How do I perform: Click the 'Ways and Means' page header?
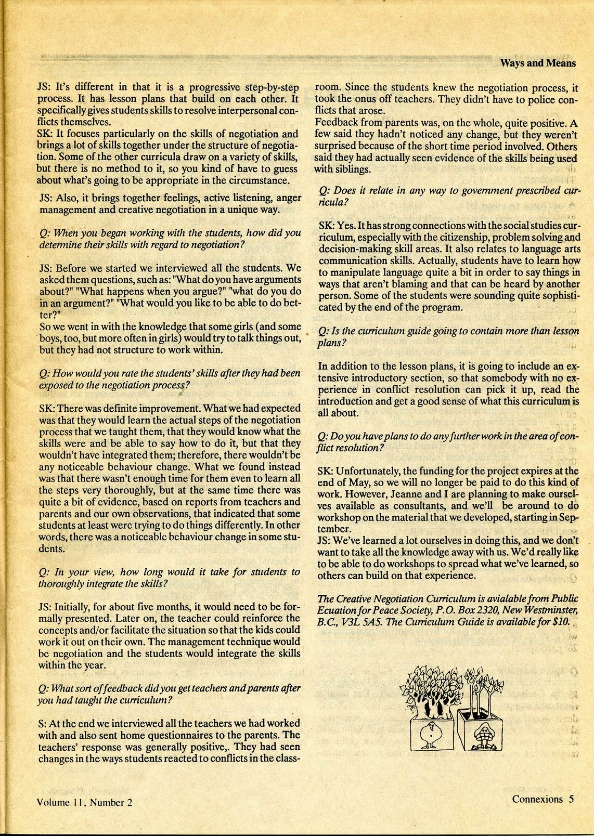coord(538,63)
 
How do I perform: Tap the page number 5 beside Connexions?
coord(571,799)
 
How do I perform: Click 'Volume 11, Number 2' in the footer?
coord(85,802)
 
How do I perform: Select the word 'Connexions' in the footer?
coord(537,799)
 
